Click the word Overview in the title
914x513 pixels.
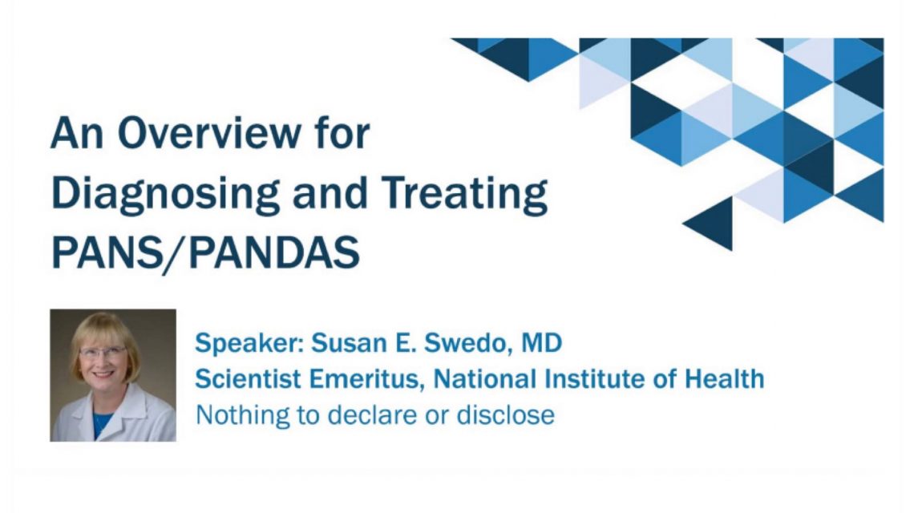[210, 134]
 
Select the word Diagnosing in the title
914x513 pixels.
[165, 194]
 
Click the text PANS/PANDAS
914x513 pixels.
[205, 252]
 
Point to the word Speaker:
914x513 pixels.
[249, 343]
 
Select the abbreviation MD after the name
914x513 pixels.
[541, 342]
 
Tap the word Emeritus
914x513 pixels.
[365, 379]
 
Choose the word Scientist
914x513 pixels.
[248, 379]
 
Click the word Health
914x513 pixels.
[724, 379]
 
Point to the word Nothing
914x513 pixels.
[242, 415]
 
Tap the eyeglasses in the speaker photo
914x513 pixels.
[103, 352]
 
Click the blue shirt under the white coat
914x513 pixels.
[102, 423]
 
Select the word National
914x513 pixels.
[484, 379]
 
